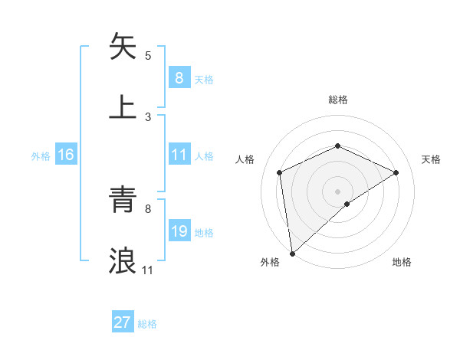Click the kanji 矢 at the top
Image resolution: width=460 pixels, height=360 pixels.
[x=123, y=47]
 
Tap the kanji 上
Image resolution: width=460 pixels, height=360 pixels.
[x=123, y=106]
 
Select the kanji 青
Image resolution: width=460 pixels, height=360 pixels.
[x=123, y=201]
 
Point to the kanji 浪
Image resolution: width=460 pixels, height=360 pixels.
[x=123, y=260]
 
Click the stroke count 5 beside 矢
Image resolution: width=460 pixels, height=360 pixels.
[x=148, y=55]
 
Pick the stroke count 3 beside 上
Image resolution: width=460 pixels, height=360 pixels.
[x=148, y=116]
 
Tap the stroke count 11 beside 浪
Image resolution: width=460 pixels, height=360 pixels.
[x=148, y=270]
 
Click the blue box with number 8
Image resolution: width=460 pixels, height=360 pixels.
[x=179, y=77]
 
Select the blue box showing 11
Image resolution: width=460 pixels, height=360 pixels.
[x=179, y=155]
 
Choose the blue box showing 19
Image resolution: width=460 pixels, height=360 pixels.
[x=179, y=231]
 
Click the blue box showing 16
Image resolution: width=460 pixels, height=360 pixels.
[x=66, y=155]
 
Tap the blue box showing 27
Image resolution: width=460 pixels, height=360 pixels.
[x=123, y=322]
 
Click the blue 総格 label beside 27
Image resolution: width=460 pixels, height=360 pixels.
[x=147, y=324]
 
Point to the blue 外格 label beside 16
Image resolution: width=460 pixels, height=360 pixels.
[x=41, y=156]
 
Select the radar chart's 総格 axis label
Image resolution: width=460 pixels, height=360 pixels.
[x=337, y=100]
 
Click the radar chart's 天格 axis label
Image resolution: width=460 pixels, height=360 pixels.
[x=432, y=159]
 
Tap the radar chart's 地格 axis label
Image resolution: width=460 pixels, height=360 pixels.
[x=402, y=262]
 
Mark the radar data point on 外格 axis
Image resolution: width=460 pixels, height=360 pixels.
[x=291, y=254]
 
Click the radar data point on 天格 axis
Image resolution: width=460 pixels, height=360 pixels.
[x=396, y=172]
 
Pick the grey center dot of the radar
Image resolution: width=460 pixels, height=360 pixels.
[x=337, y=191]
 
